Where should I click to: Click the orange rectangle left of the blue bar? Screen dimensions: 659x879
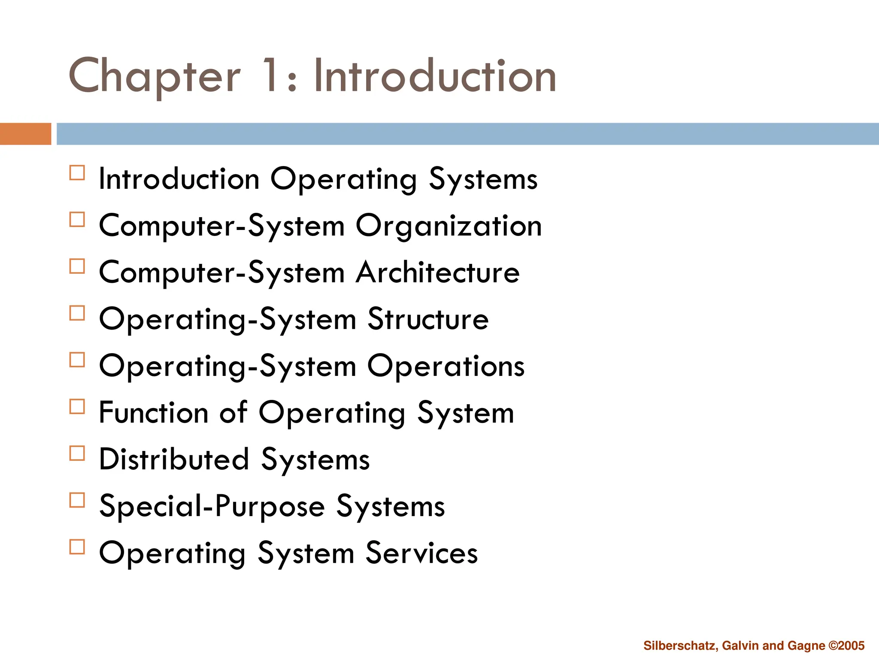[25, 134]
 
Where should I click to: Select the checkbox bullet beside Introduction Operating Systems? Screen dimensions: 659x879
[77, 173]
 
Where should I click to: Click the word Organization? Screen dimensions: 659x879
[449, 226]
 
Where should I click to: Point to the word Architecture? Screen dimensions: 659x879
[438, 272]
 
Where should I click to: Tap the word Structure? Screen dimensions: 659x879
[428, 319]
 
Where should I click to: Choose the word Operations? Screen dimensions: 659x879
[446, 366]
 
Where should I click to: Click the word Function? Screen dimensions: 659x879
[154, 413]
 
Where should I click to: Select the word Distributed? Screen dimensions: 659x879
[174, 459]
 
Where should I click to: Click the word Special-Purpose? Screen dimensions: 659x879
[212, 506]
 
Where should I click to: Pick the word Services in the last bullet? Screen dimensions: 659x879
[421, 553]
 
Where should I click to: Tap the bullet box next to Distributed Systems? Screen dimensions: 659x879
[77, 453]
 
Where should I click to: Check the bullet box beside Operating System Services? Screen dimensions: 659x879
[77, 547]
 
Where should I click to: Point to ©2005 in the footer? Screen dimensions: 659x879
[846, 646]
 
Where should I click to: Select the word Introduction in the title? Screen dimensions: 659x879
[435, 76]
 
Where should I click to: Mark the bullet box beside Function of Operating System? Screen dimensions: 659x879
[77, 406]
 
